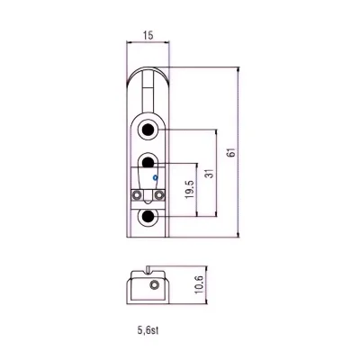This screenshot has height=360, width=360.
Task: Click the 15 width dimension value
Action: [x=148, y=35]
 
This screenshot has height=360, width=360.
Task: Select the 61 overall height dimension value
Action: [x=231, y=152]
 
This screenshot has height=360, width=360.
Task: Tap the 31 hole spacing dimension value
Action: [x=211, y=173]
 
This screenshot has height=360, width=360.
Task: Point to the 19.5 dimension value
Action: [x=190, y=189]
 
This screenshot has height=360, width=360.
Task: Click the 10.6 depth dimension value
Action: [x=199, y=284]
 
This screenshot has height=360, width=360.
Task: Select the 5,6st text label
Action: [x=148, y=330]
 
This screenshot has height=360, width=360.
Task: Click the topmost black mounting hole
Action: [x=148, y=130]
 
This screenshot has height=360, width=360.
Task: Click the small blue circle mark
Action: [x=155, y=178]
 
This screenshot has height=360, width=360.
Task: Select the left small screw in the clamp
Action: [x=138, y=195]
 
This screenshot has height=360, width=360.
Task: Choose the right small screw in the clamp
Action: [x=158, y=195]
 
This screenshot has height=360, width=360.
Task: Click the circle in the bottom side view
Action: [x=154, y=284]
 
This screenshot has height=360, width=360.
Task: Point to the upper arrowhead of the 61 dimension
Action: [x=238, y=69]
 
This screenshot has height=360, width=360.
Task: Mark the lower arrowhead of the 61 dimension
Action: [x=238, y=234]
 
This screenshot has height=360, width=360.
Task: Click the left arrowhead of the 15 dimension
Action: [x=130, y=42]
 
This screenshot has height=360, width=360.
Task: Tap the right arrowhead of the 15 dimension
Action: [x=166, y=42]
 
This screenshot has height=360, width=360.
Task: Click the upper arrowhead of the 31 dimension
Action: [x=216, y=132]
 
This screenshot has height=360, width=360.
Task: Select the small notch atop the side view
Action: [x=148, y=269]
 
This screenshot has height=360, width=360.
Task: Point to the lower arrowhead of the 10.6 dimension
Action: [x=206, y=301]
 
